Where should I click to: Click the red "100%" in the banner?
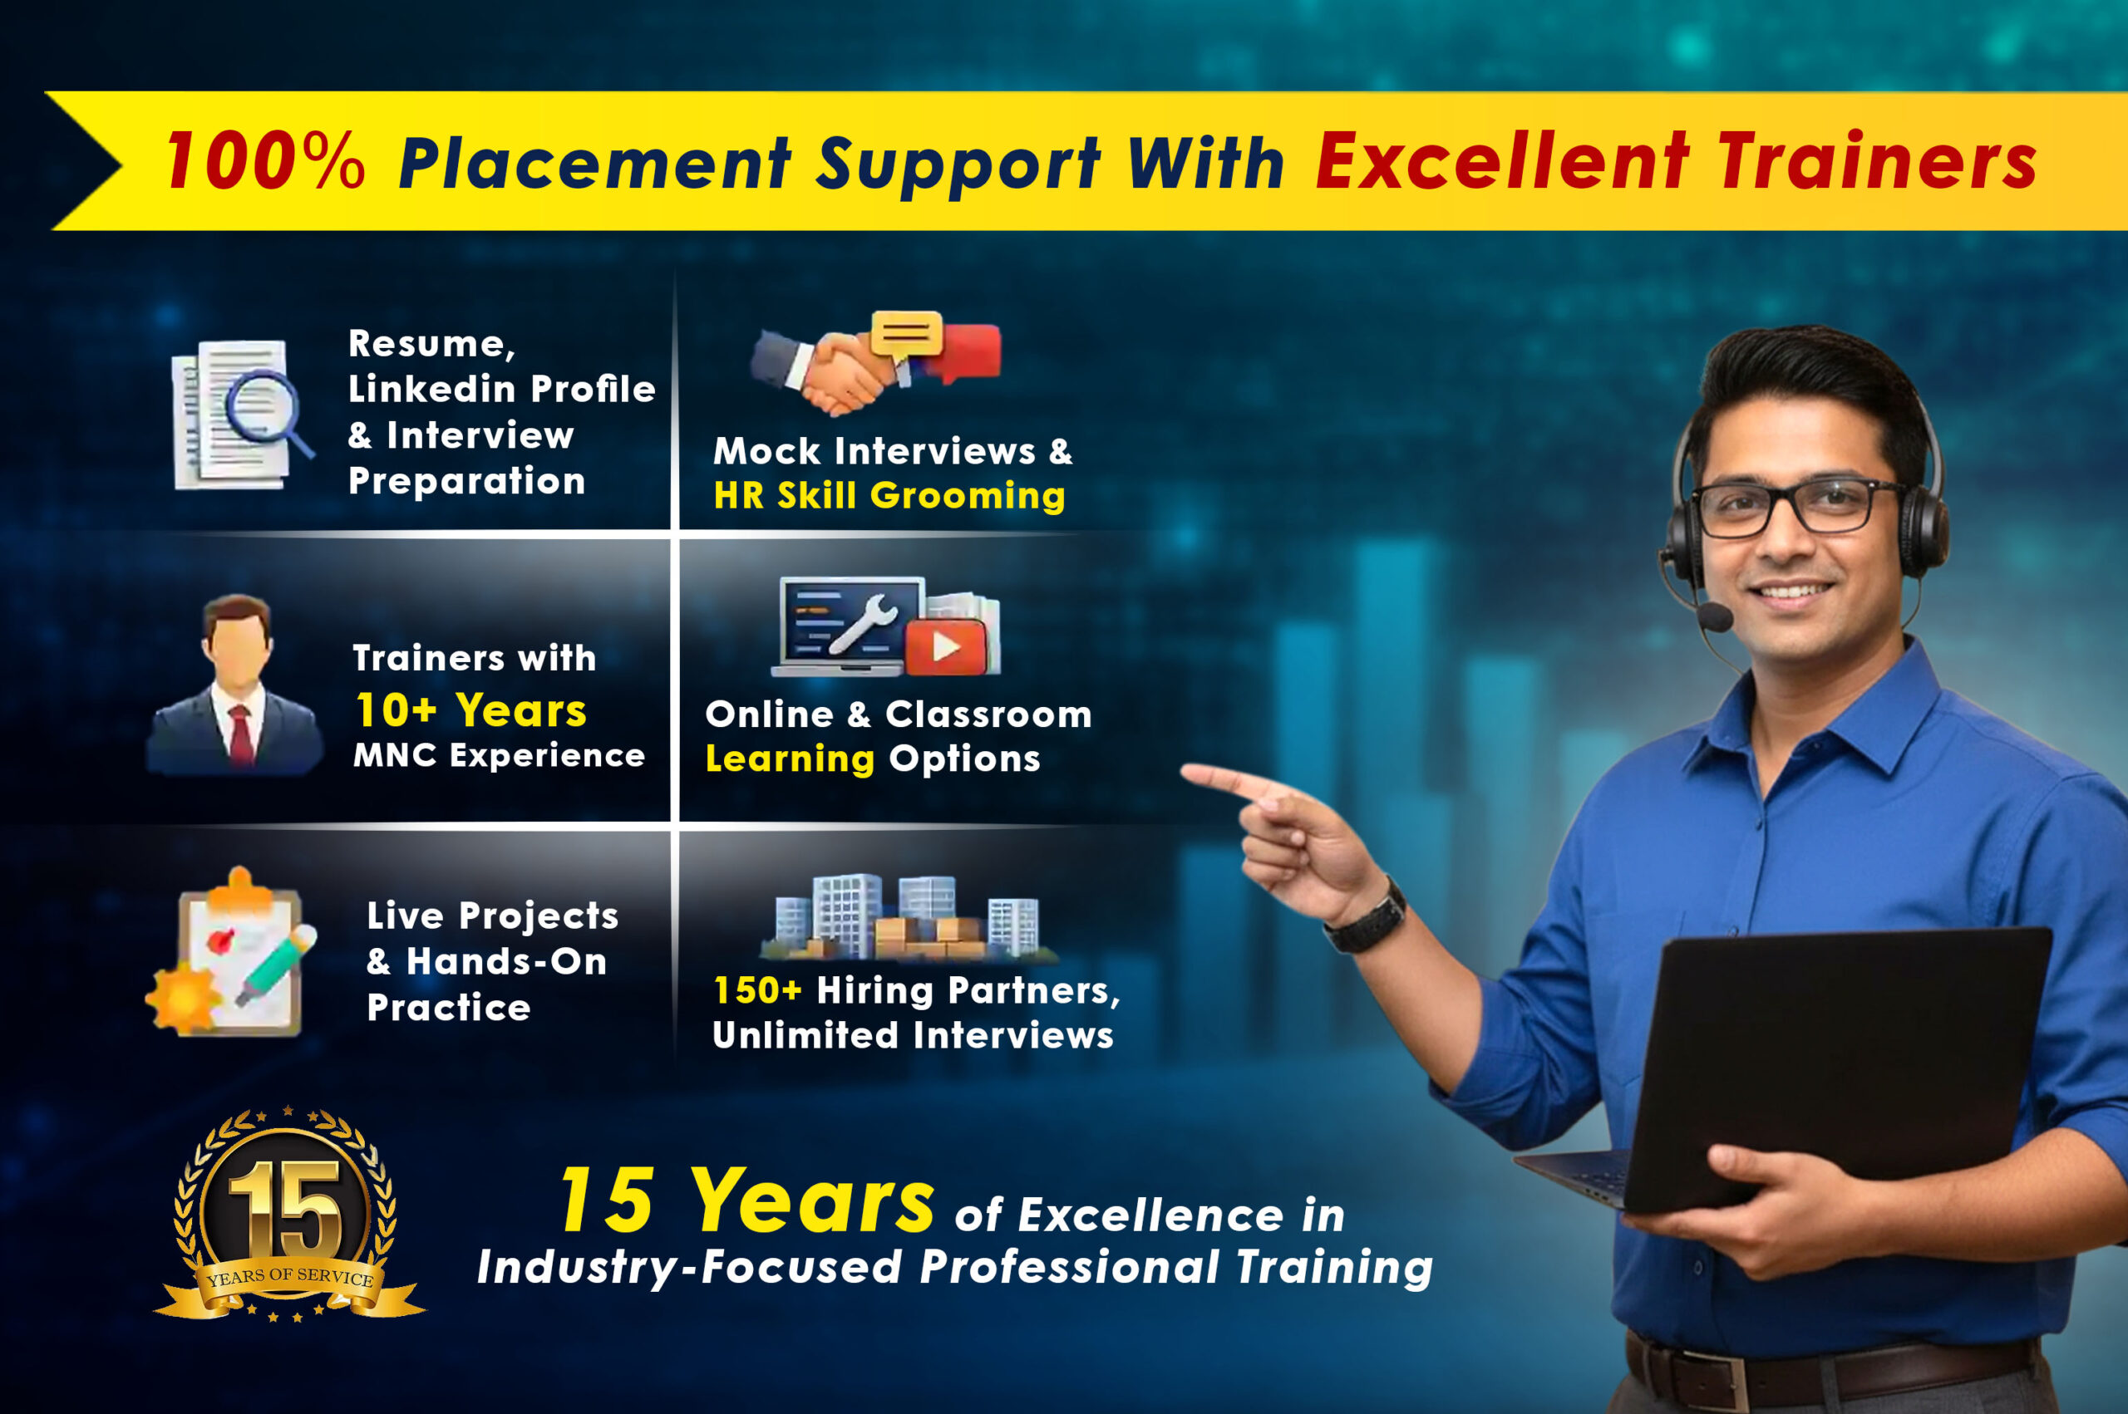[x=265, y=160]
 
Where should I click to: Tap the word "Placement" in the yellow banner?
[x=595, y=163]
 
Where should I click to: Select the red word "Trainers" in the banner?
[x=1877, y=160]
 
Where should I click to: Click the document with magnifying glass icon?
[x=242, y=415]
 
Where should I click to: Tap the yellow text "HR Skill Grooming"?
[x=889, y=496]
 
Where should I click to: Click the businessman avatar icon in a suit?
[x=235, y=685]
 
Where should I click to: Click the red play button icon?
[x=945, y=646]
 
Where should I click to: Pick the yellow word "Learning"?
[x=791, y=759]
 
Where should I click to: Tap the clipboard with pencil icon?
[x=232, y=952]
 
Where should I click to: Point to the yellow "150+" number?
[x=756, y=990]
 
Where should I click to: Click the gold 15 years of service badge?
[x=288, y=1214]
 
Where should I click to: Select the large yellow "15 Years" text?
[x=747, y=1200]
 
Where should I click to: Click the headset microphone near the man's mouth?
[x=1715, y=616]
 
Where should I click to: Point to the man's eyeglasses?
[x=1799, y=506]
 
